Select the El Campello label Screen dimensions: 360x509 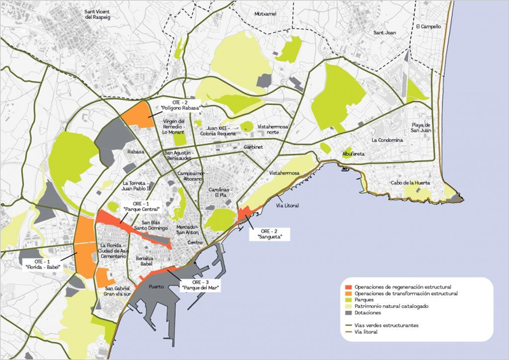[428, 27]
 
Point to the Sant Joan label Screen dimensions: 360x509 [386, 33]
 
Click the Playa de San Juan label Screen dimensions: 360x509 [421, 127]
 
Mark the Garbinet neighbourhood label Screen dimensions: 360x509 [253, 146]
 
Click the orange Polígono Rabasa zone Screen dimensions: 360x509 [134, 115]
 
